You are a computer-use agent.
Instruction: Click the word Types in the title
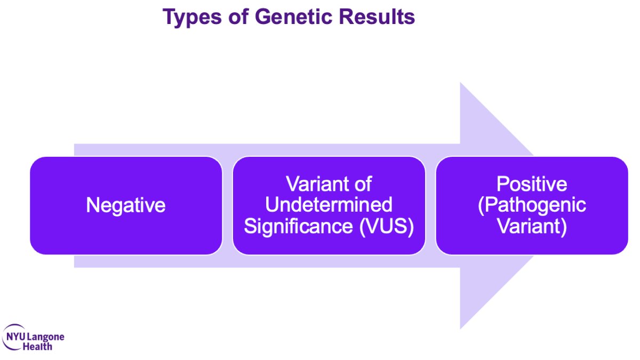pos(192,17)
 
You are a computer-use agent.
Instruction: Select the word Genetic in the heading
pos(293,17)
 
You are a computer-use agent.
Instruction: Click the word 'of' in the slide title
pos(238,17)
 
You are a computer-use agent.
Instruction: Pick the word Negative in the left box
pos(126,205)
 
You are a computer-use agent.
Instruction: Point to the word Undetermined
pos(329,205)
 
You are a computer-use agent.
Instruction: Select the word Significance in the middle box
pos(298,226)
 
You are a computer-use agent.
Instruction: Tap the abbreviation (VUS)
pos(387,227)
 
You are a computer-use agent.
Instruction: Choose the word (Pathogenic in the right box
pos(532,205)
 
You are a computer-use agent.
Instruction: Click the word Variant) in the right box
pos(532,227)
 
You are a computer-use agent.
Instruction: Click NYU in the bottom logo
pos(15,337)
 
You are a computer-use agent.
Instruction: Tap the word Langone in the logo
pos(46,338)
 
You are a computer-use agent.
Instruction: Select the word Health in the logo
pos(37,347)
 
